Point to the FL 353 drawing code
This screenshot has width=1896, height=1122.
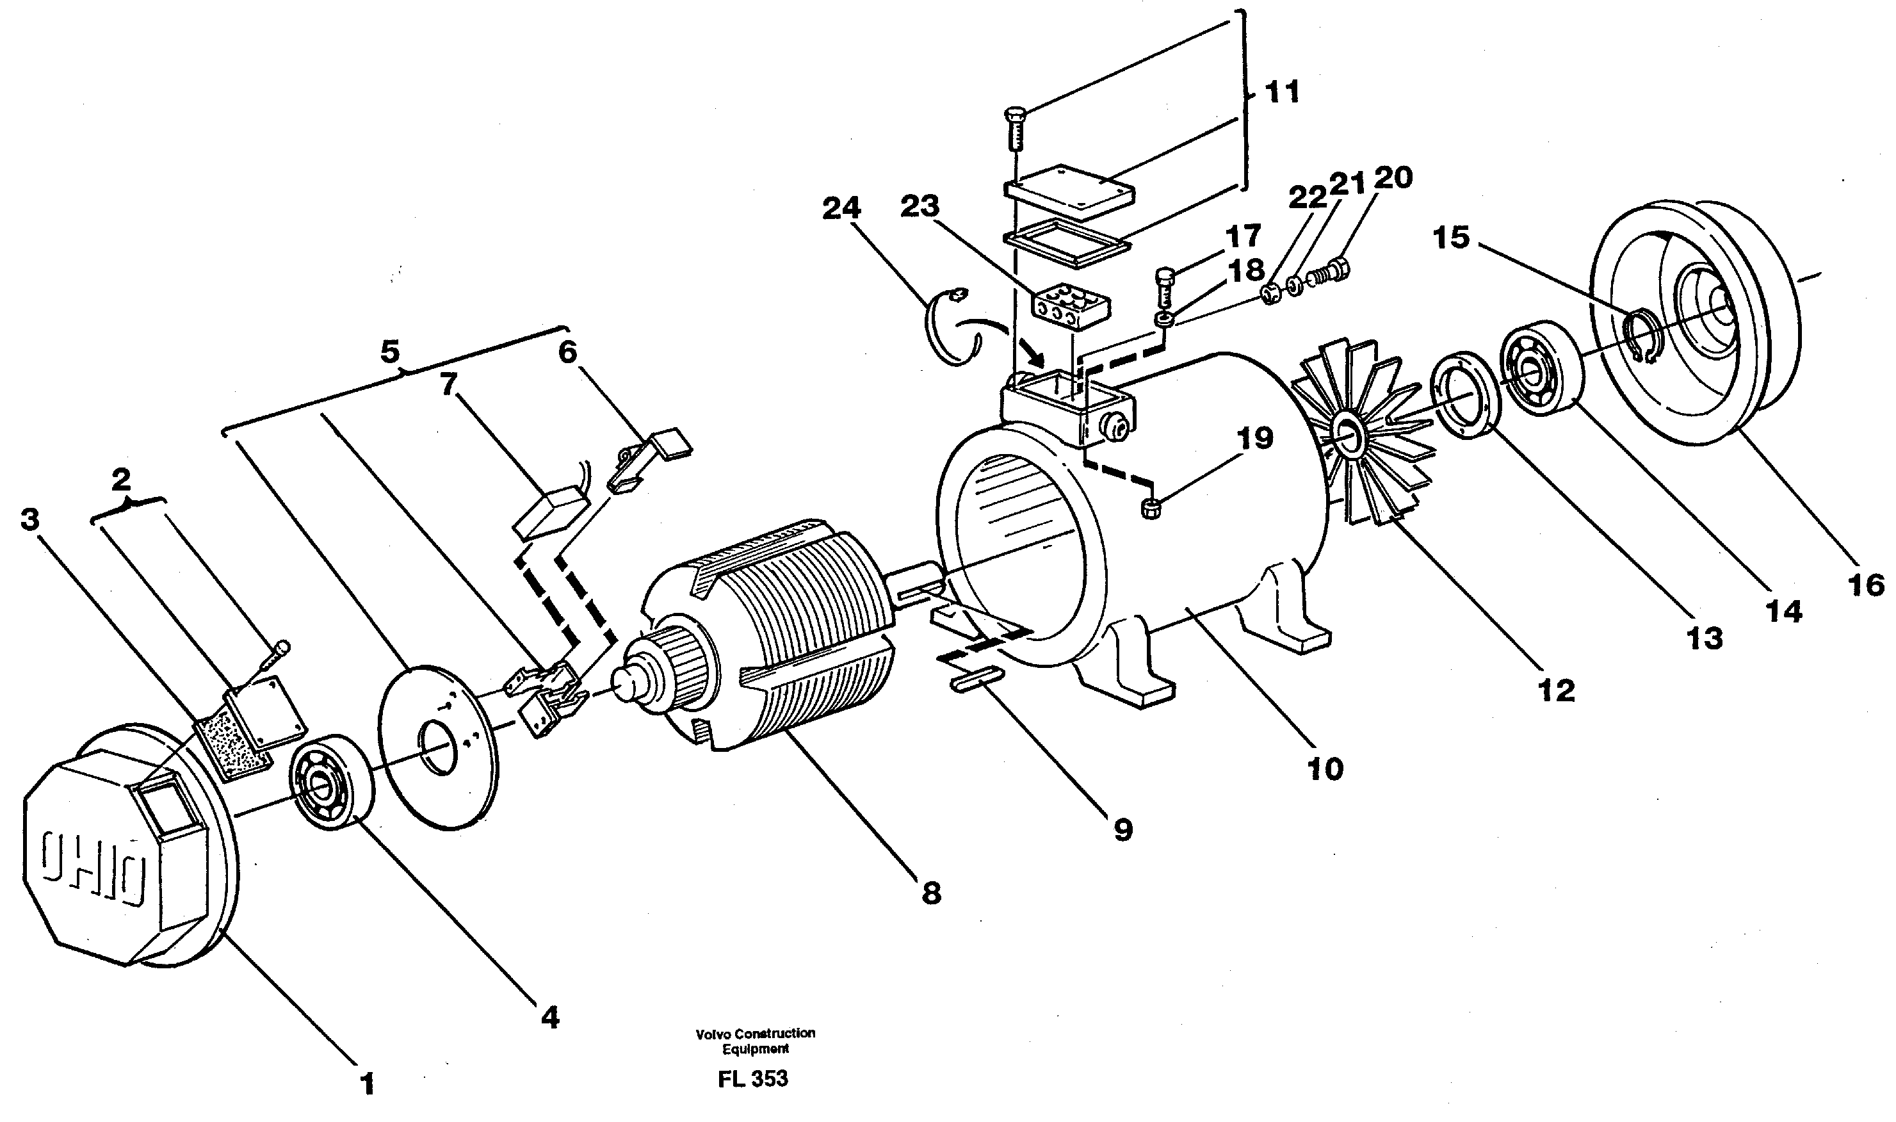point(752,1078)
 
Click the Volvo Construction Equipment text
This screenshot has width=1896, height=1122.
point(755,1040)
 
